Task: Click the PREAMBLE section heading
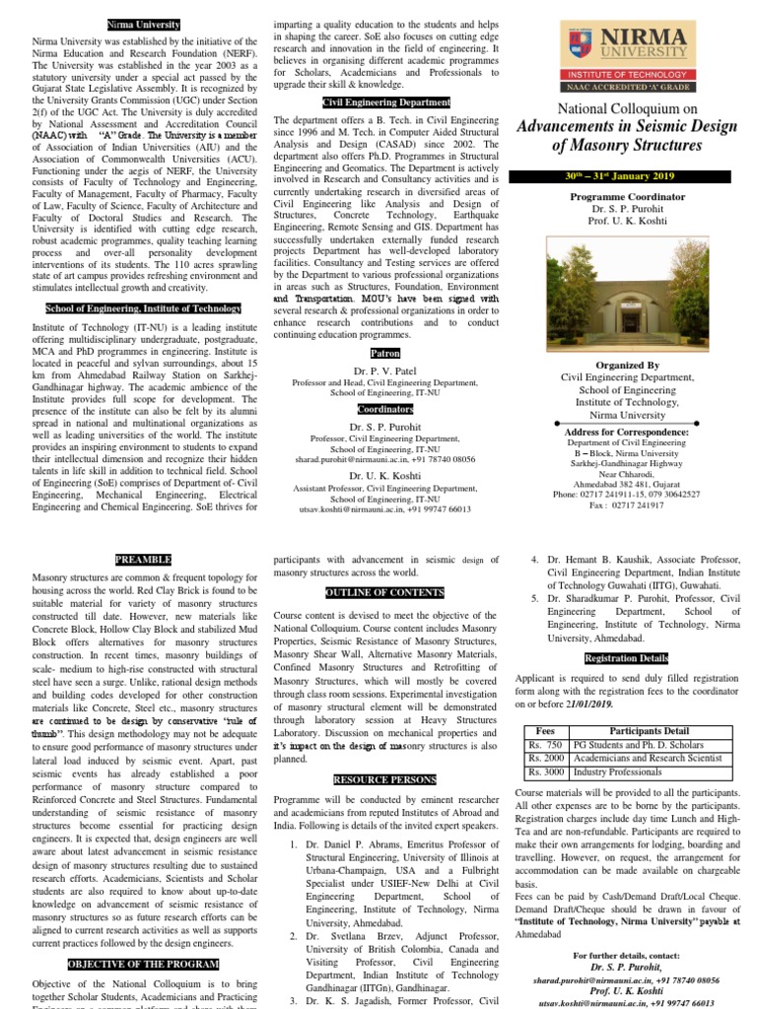(143, 559)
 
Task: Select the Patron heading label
(384, 352)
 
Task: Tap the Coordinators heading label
(384, 408)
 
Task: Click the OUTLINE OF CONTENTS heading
(384, 592)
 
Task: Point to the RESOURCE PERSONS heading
(384, 778)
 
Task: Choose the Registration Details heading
(626, 657)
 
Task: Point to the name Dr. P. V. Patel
(384, 370)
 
